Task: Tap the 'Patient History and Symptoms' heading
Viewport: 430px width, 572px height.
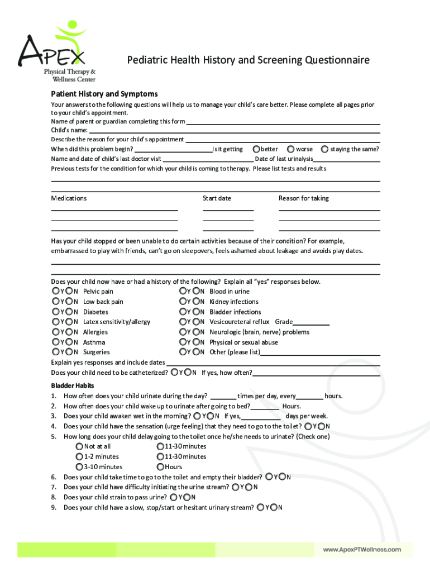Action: point(104,94)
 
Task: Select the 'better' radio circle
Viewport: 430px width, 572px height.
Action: point(256,149)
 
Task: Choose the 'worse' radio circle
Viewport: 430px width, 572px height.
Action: point(291,149)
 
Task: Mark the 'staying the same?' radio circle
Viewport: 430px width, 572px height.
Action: point(324,149)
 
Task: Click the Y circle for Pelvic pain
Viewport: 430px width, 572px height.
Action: point(55,291)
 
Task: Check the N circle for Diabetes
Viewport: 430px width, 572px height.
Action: point(69,312)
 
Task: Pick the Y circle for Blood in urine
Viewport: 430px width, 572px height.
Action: point(183,291)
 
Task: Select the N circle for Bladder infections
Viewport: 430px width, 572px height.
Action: point(197,312)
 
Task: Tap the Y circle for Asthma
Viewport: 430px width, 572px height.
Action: point(55,342)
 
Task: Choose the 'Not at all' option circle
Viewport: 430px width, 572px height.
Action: point(79,446)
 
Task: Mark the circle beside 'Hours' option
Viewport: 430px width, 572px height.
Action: point(160,467)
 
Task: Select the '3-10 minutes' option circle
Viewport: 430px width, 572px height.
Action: point(79,467)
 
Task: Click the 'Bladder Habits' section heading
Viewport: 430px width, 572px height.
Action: point(73,385)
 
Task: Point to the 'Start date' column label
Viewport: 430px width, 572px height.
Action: point(217,198)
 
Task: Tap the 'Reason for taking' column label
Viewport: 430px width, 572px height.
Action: point(304,198)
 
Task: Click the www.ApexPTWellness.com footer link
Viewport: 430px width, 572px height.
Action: point(362,550)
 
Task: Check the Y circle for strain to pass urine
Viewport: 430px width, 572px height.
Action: point(174,497)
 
